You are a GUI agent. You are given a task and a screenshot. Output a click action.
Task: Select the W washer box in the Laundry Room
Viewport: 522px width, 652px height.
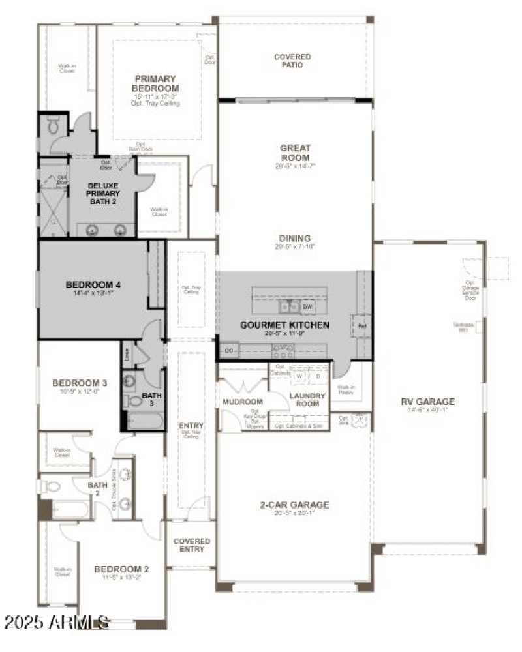(299, 377)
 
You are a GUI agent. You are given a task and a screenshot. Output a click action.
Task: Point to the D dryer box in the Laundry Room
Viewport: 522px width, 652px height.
(318, 377)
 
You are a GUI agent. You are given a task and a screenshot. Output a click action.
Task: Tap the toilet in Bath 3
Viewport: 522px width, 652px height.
(133, 402)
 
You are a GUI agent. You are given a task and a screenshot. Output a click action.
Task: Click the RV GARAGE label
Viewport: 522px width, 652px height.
(428, 402)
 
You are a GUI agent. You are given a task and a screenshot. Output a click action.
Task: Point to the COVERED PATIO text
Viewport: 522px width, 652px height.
(292, 61)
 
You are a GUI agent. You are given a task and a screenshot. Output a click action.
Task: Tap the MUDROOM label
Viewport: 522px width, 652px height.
(242, 402)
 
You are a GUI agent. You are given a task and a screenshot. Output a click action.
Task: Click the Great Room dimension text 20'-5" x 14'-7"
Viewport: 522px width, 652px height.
(295, 166)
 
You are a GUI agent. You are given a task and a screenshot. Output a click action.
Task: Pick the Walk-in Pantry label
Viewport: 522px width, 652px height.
(346, 390)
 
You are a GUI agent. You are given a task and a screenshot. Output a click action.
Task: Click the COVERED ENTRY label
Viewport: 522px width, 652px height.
(192, 545)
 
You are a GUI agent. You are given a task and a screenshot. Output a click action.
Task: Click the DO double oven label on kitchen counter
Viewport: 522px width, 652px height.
(229, 351)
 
